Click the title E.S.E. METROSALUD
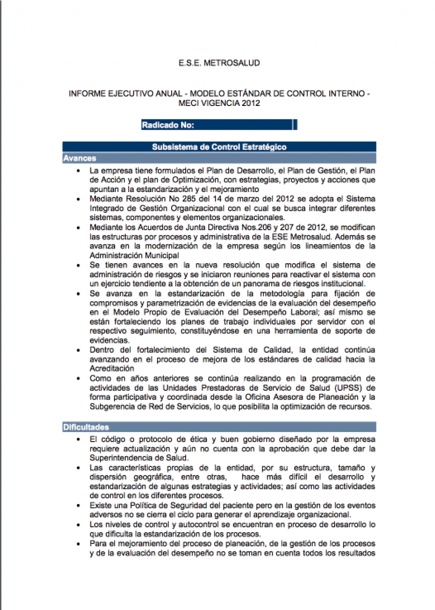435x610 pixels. [x=219, y=63]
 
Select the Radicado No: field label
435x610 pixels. [x=168, y=125]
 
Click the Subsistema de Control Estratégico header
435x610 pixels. [x=219, y=147]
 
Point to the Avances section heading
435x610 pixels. [x=80, y=158]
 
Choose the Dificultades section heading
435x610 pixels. [x=86, y=427]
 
